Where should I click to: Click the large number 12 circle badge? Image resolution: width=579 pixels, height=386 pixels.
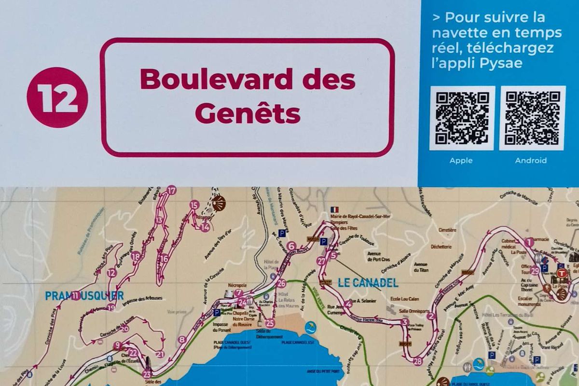tap(57, 97)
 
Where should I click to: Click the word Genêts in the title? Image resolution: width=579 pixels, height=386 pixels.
tap(248, 114)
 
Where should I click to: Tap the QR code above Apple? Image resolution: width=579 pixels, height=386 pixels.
tap(462, 118)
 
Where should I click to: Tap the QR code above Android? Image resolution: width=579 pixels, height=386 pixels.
tap(532, 118)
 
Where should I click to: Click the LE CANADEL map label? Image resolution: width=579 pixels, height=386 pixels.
tap(368, 283)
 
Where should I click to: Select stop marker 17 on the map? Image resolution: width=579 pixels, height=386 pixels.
tap(171, 190)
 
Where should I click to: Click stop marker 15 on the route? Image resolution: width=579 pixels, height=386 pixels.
tap(194, 205)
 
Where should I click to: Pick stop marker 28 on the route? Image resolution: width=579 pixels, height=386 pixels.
tap(417, 361)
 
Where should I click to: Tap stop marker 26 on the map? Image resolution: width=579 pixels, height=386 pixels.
tap(281, 283)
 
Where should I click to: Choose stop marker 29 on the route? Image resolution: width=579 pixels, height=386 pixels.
tap(534, 271)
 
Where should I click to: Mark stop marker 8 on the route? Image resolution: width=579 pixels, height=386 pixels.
tap(181, 340)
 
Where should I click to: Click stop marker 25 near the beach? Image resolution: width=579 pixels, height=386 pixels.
tap(270, 323)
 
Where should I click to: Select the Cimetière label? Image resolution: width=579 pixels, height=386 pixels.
tap(448, 230)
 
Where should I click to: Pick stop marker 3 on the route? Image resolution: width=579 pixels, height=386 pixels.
tap(405, 322)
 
